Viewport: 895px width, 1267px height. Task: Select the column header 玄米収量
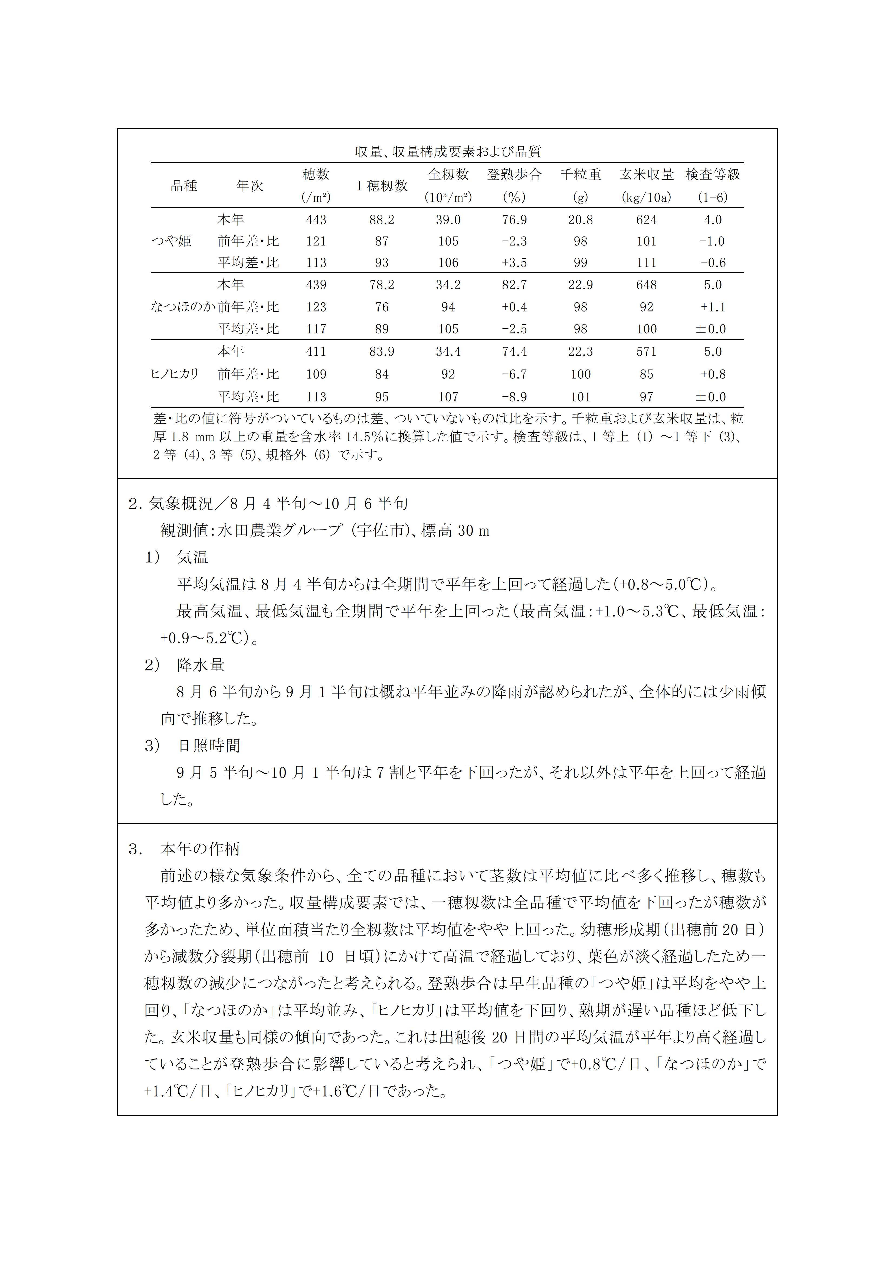[x=646, y=174]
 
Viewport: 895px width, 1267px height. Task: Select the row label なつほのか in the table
[x=182, y=307]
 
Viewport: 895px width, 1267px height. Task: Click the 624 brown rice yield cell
[x=646, y=220]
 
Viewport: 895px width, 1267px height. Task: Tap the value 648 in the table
[x=646, y=285]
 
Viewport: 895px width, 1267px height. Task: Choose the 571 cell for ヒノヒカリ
[x=646, y=352]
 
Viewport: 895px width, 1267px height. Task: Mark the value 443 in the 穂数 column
[x=316, y=220]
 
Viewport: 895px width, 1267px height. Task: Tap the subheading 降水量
[x=201, y=665]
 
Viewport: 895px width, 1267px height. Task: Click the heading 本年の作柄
[x=200, y=849]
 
